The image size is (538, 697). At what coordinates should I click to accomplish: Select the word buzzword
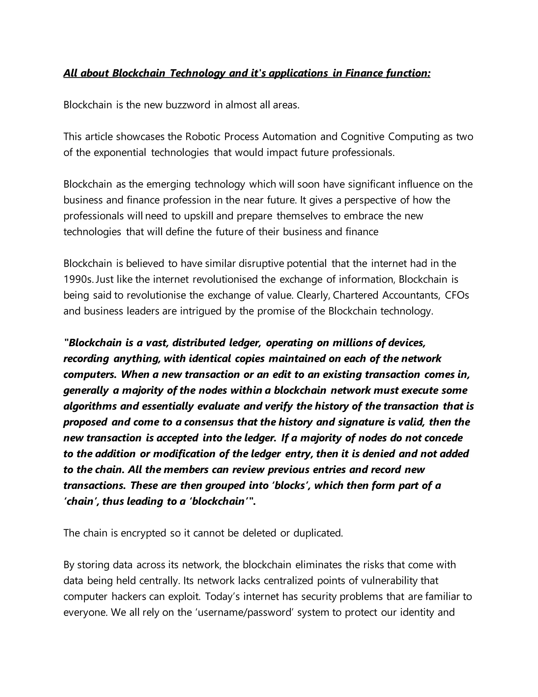point(188,105)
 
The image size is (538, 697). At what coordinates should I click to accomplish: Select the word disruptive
point(261,264)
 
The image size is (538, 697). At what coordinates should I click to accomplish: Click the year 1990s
point(78,280)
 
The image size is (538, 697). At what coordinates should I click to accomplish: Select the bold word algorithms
point(90,406)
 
